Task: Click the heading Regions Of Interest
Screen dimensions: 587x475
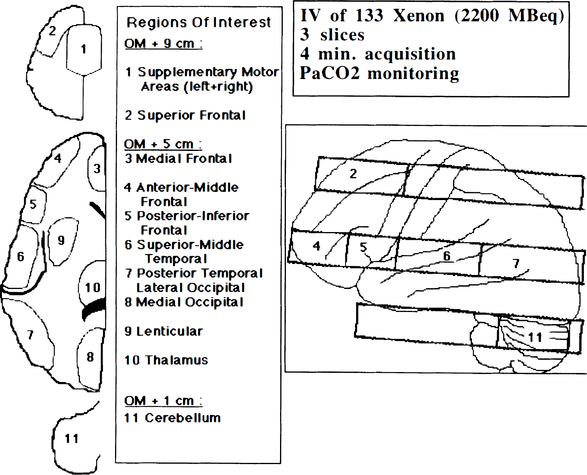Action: tap(199, 22)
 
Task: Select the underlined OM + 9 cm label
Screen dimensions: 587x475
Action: tap(163, 44)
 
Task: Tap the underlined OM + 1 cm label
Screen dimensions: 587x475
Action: tap(163, 401)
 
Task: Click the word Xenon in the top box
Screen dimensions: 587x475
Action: tap(419, 16)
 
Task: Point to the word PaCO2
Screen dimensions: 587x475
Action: tap(330, 73)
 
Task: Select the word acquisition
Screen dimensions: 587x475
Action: tap(410, 54)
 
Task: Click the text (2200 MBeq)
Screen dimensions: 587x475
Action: tap(509, 16)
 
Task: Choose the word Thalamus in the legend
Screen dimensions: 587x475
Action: tap(176, 360)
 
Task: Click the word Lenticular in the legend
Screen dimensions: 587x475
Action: tap(170, 331)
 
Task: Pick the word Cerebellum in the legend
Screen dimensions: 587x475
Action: tap(183, 418)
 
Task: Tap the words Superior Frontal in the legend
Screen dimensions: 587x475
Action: tap(192, 115)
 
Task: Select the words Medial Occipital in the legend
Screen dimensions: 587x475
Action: tap(190, 302)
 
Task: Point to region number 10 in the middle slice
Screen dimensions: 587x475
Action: tap(92, 287)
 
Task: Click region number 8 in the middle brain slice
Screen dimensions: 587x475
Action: tap(90, 357)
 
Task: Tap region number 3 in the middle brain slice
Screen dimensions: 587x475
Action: tap(97, 168)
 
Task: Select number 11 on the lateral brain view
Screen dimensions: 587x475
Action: tap(535, 337)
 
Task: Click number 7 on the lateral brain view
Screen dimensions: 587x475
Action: tap(516, 263)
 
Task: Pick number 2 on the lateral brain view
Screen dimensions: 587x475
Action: tap(353, 174)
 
